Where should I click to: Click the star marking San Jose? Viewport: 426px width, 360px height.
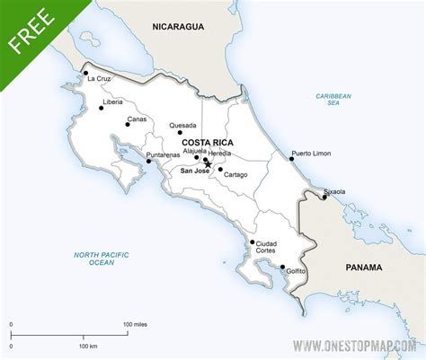click(x=208, y=164)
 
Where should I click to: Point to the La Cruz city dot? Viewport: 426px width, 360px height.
click(x=85, y=73)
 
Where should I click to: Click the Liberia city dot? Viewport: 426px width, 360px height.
click(x=101, y=109)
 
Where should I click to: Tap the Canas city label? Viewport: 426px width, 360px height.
click(x=138, y=119)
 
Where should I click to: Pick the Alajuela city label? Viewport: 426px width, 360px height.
click(x=195, y=151)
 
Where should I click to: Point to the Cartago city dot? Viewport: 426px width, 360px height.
click(x=220, y=169)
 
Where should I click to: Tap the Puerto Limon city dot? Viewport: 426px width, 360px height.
click(x=292, y=159)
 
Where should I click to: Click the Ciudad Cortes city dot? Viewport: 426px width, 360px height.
click(x=253, y=241)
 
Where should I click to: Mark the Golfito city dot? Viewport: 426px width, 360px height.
click(x=283, y=267)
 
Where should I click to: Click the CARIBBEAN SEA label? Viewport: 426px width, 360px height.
click(x=333, y=99)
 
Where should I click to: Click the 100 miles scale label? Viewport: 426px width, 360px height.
click(x=135, y=323)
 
